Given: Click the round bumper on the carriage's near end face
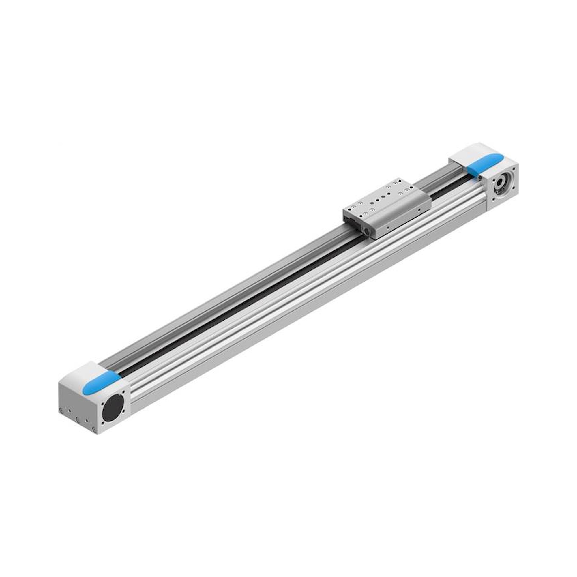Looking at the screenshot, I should coord(366,231).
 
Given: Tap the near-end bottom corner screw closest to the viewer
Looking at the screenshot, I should coord(95,430).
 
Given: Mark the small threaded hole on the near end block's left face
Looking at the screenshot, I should coord(70,411).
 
